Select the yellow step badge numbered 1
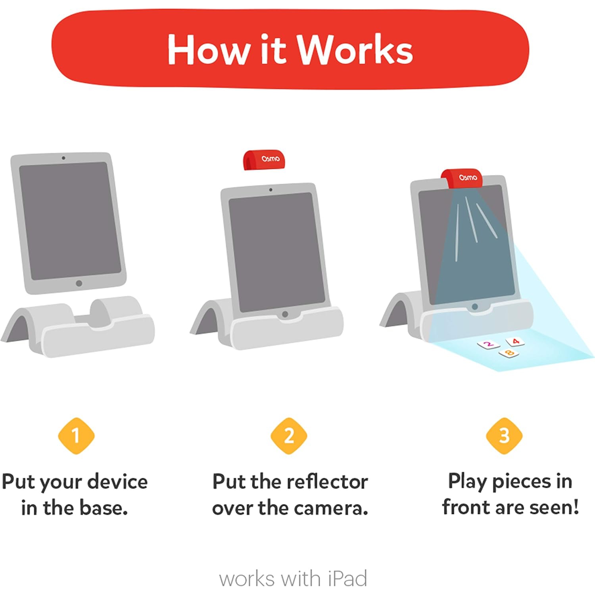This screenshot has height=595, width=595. (x=76, y=436)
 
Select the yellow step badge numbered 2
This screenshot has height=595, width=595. (x=289, y=436)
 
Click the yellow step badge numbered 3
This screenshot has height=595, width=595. (x=504, y=436)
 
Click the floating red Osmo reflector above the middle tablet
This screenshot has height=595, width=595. (x=264, y=160)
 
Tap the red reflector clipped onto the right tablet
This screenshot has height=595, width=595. (x=463, y=178)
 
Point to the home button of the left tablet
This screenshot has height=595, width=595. (x=79, y=283)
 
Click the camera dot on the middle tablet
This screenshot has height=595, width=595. (x=271, y=190)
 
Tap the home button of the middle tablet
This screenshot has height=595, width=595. (x=285, y=314)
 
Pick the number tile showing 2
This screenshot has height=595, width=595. (x=488, y=344)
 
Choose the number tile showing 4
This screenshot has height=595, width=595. (x=515, y=341)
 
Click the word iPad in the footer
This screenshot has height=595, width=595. (x=347, y=579)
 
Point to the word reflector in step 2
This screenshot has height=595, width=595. (x=327, y=482)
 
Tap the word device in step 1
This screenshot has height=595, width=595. (x=117, y=482)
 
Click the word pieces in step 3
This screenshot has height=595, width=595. (x=521, y=482)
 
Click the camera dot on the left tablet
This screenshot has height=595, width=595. (x=63, y=158)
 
